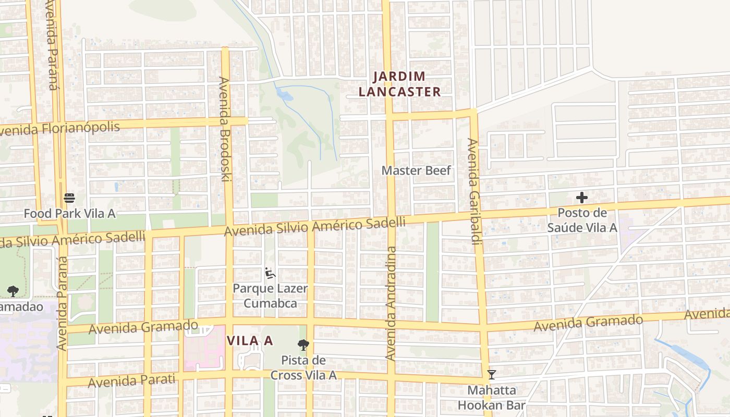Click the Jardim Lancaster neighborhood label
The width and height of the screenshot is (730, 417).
(407, 84)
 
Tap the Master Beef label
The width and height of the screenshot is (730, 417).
(416, 170)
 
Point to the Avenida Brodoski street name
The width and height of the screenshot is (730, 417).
(225, 129)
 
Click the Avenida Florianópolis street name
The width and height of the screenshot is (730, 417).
(60, 128)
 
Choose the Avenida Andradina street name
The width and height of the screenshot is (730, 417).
(391, 303)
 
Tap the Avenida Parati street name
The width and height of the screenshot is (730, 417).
(131, 381)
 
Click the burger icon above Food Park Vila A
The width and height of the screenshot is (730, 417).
(69, 198)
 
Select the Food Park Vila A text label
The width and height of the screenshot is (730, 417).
(69, 213)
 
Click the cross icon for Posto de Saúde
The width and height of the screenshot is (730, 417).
(582, 198)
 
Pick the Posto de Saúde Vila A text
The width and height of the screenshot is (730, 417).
(582, 220)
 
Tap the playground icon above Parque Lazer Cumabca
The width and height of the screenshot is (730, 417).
(270, 273)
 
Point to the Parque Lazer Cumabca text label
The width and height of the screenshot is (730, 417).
(270, 296)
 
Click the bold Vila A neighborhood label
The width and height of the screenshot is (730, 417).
(250, 340)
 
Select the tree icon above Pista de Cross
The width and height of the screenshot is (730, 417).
(303, 345)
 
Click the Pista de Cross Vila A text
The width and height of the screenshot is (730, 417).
(303, 367)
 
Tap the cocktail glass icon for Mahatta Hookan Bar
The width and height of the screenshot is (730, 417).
(491, 374)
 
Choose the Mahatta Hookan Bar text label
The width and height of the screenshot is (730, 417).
(491, 397)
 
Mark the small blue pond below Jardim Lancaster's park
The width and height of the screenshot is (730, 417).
(284, 94)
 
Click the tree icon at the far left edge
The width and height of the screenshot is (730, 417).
(13, 291)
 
